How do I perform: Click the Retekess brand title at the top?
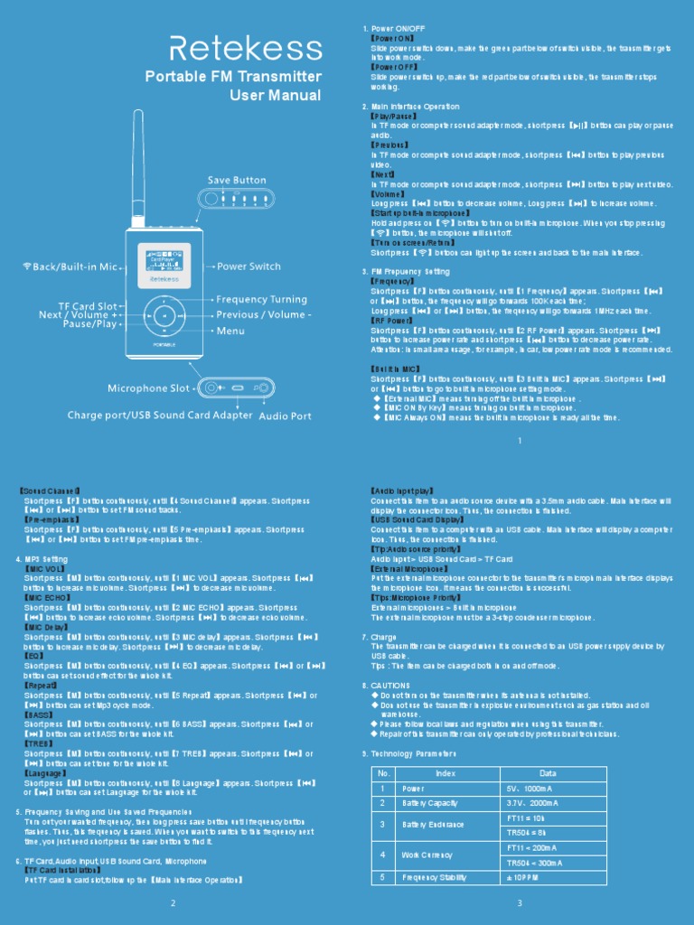(247, 48)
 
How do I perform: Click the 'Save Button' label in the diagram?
(237, 181)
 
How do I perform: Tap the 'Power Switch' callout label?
(249, 266)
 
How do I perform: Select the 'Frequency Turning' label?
(262, 299)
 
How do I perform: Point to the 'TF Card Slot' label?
(88, 306)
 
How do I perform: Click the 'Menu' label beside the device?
(230, 331)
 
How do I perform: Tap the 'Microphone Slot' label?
(149, 388)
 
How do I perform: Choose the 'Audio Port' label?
(286, 416)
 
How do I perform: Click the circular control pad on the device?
(164, 315)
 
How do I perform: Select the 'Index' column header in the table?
(445, 773)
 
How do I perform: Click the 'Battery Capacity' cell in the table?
(430, 803)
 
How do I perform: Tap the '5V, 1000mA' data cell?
(530, 789)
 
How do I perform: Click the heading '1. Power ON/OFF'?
(395, 29)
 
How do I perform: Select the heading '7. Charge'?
(379, 637)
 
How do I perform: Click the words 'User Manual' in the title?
(275, 96)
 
